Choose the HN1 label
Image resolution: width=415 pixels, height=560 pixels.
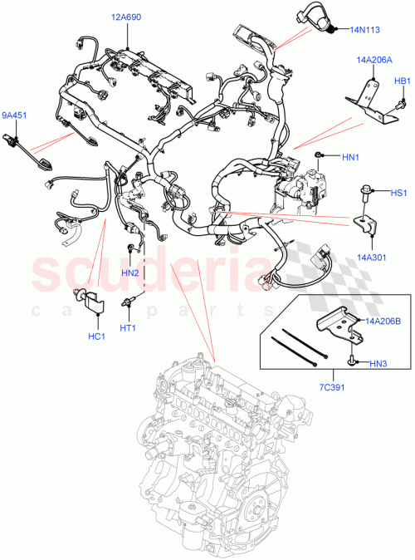pyautogui.click(x=351, y=156)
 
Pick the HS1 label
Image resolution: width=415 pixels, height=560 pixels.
pyautogui.click(x=398, y=193)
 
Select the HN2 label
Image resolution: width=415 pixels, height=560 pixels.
pyautogui.click(x=129, y=273)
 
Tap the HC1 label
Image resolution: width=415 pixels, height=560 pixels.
pyautogui.click(x=95, y=336)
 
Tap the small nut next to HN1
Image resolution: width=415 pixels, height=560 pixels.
pyautogui.click(x=320, y=155)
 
